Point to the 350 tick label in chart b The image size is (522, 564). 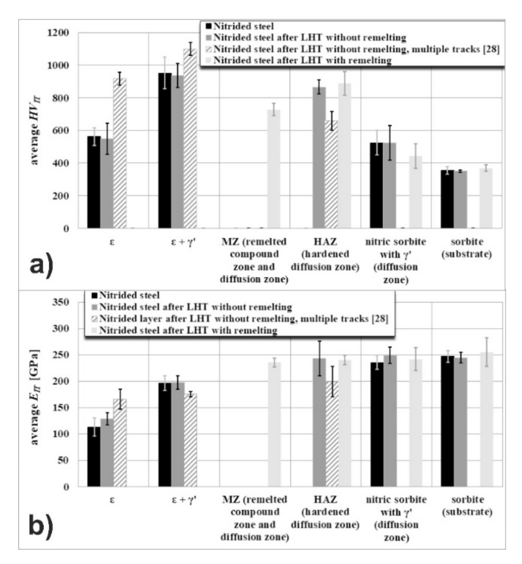tap(61, 302)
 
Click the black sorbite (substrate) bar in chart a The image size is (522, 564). tap(447, 199)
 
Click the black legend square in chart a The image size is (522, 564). tap(209, 26)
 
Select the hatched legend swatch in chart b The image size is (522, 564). tap(95, 319)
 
